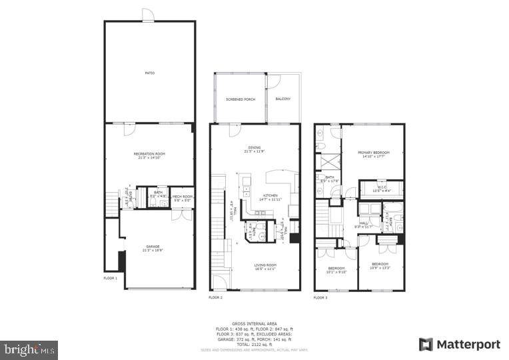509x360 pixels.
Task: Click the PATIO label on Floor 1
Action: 149,73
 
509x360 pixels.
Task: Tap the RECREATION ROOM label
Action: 149,155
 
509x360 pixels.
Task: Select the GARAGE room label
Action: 153,248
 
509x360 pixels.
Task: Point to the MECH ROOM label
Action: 182,197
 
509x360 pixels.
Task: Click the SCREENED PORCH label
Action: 241,99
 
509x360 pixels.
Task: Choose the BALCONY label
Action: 283,99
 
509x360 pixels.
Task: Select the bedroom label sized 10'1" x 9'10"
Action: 336,270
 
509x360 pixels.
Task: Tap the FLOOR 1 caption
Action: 111,277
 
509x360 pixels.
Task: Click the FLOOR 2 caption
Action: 215,297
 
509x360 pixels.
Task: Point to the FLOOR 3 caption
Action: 321,297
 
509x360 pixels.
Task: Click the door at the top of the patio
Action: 148,15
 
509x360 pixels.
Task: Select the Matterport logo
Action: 459,344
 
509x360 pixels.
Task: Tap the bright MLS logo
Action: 29,349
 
